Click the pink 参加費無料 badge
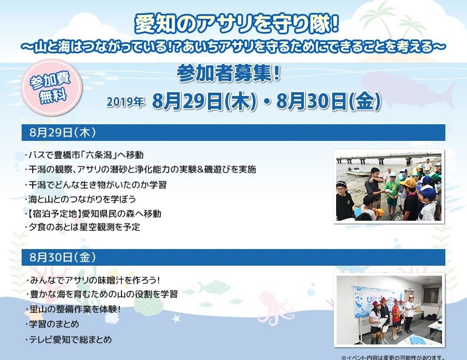53,87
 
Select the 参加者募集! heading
228,73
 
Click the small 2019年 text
125,102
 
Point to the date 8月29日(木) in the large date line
204,102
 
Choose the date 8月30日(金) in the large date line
328,102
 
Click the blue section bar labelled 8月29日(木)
233,133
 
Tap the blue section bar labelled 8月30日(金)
233,257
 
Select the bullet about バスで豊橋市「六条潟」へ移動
84,155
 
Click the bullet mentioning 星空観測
83,227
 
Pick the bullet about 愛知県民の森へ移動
93,214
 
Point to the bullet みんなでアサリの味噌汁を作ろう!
93,280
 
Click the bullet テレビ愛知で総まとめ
69,339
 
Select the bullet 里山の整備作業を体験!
73,309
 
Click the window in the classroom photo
432,296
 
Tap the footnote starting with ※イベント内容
393,357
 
